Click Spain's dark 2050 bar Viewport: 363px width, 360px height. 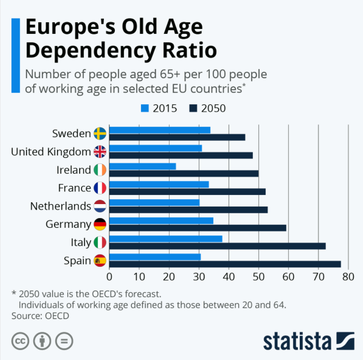[x=225, y=264]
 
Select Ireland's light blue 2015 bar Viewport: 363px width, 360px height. [x=142, y=166]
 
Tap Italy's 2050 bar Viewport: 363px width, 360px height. [x=217, y=246]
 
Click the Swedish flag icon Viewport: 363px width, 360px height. [x=100, y=134]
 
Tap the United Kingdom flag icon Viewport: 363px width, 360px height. [x=100, y=152]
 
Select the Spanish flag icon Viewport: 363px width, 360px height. [x=100, y=261]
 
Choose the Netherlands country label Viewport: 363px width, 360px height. [x=60, y=206]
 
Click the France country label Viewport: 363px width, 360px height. [x=74, y=188]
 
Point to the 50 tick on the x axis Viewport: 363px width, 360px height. [x=258, y=277]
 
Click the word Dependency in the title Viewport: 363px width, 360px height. [x=87, y=50]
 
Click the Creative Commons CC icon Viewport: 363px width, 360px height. [x=20, y=341]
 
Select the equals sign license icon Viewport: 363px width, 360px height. [x=64, y=341]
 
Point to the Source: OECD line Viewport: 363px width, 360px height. [x=40, y=316]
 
